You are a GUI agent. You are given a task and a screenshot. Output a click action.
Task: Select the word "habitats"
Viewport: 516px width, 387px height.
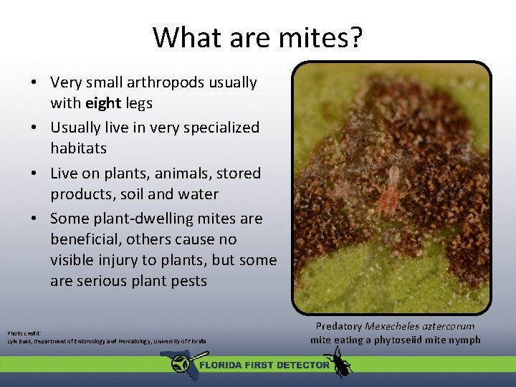tap(78, 148)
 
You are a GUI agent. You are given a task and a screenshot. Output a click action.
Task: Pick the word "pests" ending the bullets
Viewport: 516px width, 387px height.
tap(186, 281)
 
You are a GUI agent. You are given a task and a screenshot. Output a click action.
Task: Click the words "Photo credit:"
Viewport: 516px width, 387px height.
tap(24, 333)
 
